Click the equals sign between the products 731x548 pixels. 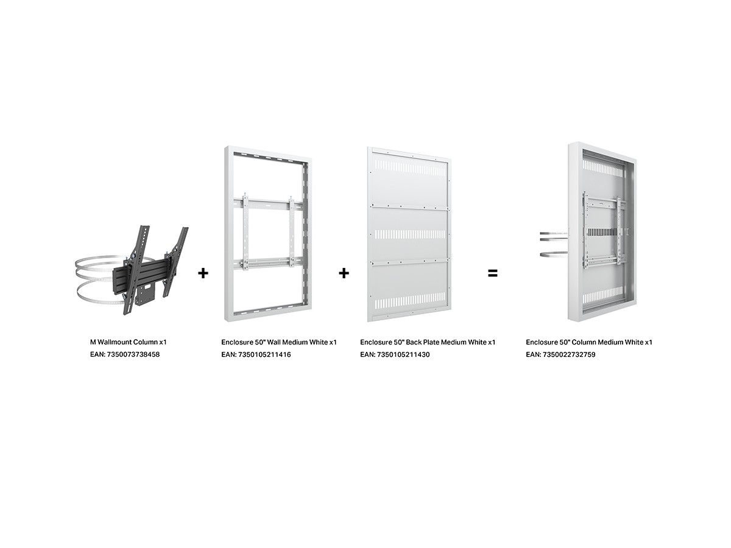pyautogui.click(x=493, y=273)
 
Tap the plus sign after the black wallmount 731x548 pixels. pyautogui.click(x=203, y=273)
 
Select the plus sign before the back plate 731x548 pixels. pyautogui.click(x=344, y=273)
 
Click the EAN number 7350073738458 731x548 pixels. pyautogui.click(x=133, y=354)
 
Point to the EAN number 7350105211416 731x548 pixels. pyautogui.click(x=264, y=354)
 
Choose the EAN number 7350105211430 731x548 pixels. pyautogui.click(x=403, y=354)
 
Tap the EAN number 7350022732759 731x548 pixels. pyautogui.click(x=569, y=354)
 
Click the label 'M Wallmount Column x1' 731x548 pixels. pyautogui.click(x=128, y=342)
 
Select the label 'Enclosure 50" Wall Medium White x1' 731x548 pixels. pyautogui.click(x=279, y=342)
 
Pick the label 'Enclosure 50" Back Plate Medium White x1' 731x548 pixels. pyautogui.click(x=428, y=342)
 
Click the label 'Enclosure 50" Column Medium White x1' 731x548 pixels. pyautogui.click(x=589, y=342)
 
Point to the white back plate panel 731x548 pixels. pyautogui.click(x=409, y=234)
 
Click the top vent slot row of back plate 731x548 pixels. pyautogui.click(x=410, y=169)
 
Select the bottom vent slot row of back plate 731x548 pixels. pyautogui.click(x=410, y=300)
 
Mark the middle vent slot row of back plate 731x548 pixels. pyautogui.click(x=410, y=234)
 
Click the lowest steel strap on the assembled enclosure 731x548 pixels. pyautogui.click(x=554, y=255)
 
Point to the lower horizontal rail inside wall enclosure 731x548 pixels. pyautogui.click(x=268, y=262)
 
